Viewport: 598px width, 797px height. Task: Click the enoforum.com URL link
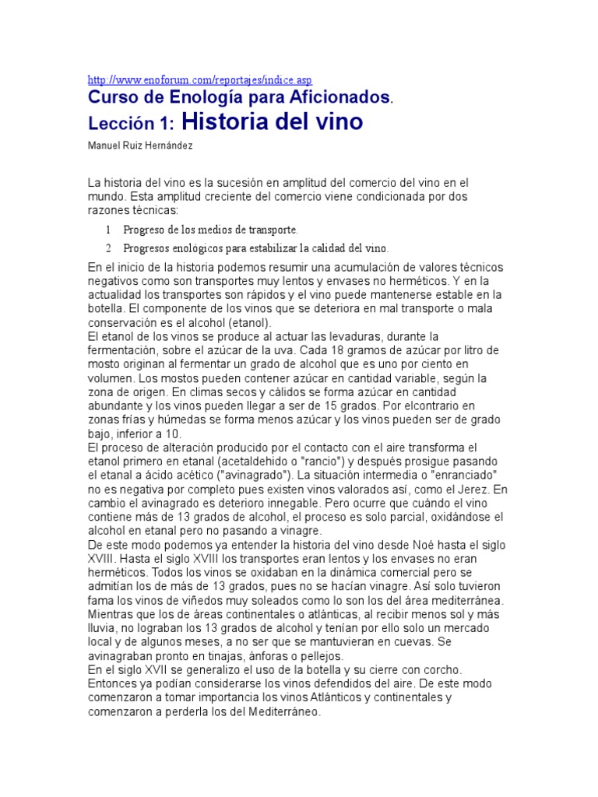tap(200, 79)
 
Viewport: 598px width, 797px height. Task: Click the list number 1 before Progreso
tap(108, 230)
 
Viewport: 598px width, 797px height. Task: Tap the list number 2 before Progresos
tap(108, 248)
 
